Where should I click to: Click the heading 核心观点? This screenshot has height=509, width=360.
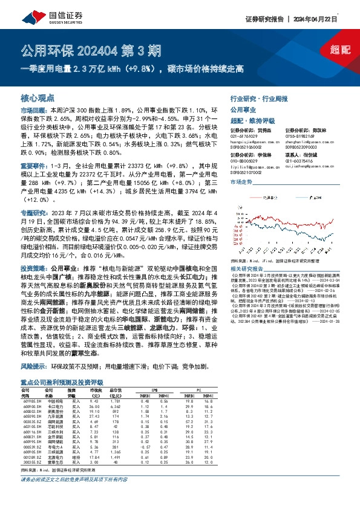38,97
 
